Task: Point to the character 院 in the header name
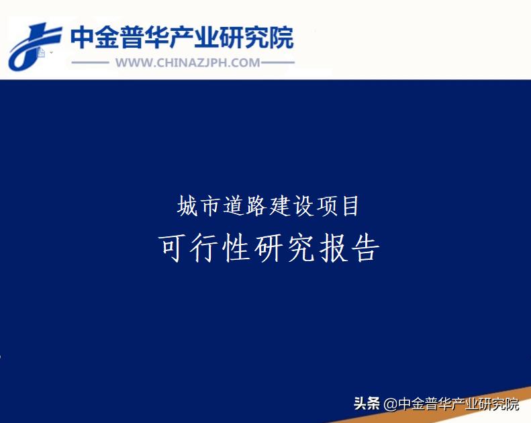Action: click(x=280, y=38)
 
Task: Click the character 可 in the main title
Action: click(x=173, y=249)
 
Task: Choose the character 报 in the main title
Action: click(x=333, y=249)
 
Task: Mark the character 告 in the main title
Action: click(x=365, y=249)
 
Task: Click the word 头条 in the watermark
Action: click(x=367, y=404)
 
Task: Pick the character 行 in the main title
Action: click(x=205, y=249)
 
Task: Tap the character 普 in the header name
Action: click(x=139, y=38)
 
